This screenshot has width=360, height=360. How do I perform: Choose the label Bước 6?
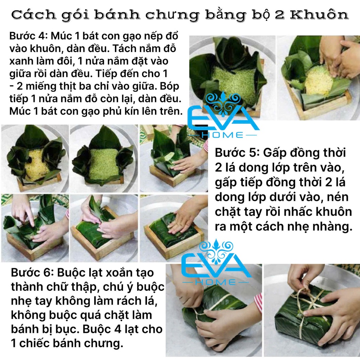(32, 273)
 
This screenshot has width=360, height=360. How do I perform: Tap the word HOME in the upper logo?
(222, 135)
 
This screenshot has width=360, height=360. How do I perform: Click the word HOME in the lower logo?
(216, 282)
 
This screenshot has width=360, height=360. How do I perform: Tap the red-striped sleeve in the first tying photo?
(258, 303)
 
